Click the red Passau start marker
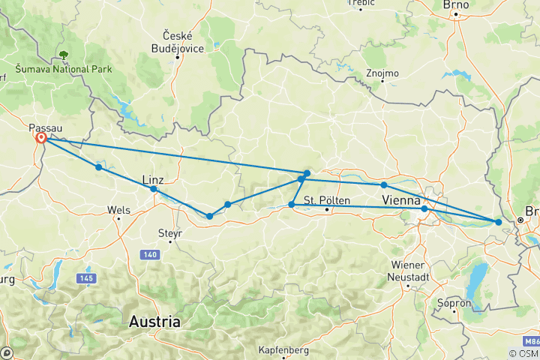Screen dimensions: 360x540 click(x=41, y=139)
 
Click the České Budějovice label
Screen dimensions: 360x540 click(x=178, y=42)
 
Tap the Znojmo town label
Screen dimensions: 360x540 click(x=382, y=73)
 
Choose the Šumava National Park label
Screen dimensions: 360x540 click(x=63, y=70)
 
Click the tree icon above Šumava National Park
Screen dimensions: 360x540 click(x=64, y=54)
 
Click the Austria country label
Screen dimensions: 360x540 click(x=155, y=322)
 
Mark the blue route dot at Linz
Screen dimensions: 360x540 click(x=154, y=189)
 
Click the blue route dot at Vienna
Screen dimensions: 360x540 click(x=424, y=208)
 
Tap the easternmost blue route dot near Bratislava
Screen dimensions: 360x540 click(x=499, y=221)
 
